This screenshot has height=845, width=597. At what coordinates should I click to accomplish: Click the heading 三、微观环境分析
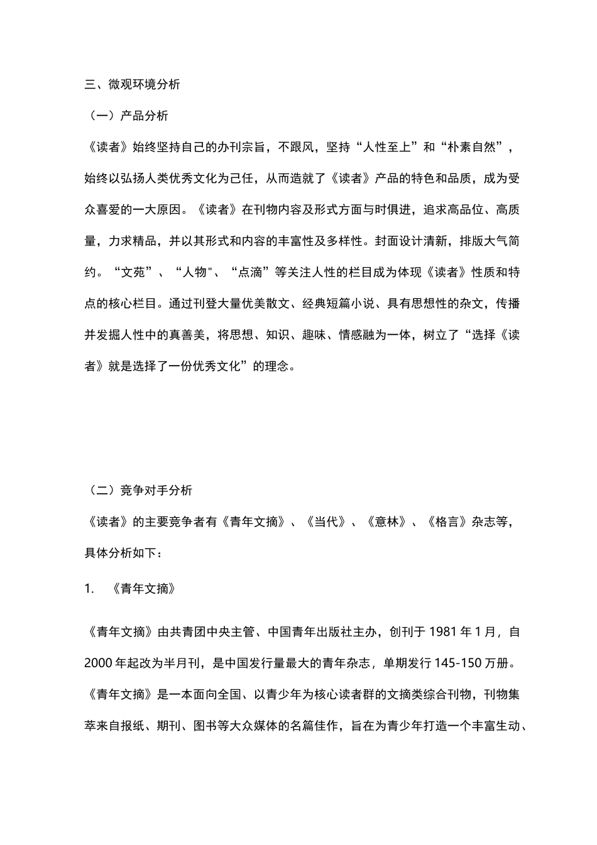point(133,85)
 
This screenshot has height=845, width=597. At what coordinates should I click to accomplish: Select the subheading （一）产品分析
point(126,116)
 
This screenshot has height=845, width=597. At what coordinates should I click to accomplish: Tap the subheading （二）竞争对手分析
point(138,491)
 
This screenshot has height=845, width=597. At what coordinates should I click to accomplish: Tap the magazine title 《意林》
point(386,522)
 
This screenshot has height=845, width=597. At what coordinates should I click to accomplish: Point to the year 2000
point(99,663)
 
